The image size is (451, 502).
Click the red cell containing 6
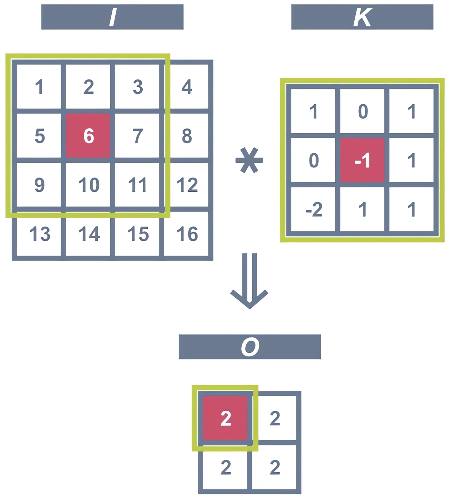88,136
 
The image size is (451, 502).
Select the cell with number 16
187,234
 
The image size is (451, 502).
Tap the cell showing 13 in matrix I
39,234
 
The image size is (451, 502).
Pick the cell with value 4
187,87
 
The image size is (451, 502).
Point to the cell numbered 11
137,185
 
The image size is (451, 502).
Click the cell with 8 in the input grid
187,136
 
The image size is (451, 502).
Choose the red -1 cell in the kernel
362,160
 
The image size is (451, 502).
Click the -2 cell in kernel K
313,209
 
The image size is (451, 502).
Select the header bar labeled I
112,17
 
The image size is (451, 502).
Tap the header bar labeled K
362,17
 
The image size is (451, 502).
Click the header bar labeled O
250,347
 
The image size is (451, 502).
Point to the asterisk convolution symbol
249,160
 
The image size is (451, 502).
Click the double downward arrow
250,281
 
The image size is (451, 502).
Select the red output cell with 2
225,418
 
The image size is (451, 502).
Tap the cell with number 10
88,185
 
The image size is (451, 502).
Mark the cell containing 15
138,234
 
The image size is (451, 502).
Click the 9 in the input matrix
39,185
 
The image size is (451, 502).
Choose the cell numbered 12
187,185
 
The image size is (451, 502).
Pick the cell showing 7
137,136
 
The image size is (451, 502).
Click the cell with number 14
88,234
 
